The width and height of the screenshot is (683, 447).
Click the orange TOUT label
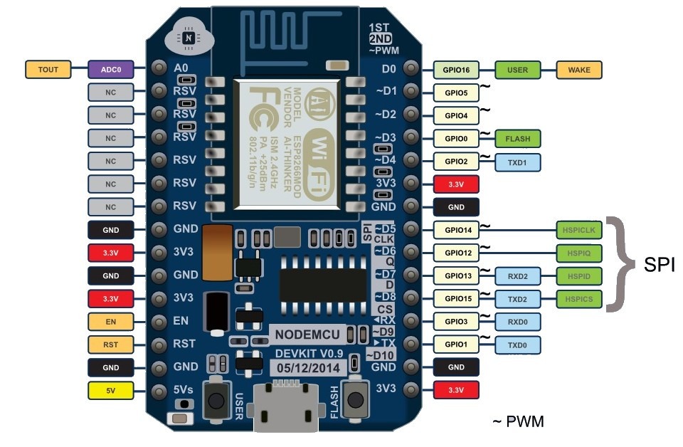48,70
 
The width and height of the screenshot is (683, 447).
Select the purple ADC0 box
111,70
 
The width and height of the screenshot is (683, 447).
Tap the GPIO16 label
456,70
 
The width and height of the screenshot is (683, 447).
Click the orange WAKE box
579,70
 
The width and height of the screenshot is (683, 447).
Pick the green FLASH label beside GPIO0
517,139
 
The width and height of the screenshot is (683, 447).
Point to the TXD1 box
517,162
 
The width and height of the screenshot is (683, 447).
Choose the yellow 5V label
111,390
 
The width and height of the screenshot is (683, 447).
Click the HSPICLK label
579,230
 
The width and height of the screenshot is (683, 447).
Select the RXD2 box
517,276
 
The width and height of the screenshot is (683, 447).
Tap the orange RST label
111,345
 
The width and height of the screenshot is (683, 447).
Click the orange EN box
111,322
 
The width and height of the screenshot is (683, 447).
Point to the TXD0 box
517,345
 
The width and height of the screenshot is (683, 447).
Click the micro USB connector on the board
286,407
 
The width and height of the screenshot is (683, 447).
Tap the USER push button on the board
216,400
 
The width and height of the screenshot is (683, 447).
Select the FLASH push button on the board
355,400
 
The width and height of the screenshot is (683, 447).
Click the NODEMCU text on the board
307,335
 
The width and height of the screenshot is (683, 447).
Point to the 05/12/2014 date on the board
308,368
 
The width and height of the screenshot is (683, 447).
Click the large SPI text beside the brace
659,265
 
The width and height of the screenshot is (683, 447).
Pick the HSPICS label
579,299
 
